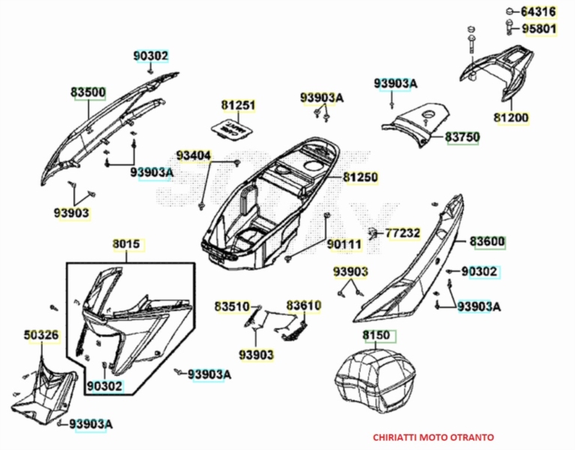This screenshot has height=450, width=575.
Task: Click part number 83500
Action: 89,93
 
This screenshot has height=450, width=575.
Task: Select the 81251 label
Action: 238,106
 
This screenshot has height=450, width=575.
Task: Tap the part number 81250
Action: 360,178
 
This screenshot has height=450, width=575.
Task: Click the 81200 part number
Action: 510,118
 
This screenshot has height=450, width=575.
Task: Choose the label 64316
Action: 538,11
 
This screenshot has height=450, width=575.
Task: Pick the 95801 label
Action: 538,28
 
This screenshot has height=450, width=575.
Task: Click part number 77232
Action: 403,233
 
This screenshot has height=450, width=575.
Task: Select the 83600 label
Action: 488,242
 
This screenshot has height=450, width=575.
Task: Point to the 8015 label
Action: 126,244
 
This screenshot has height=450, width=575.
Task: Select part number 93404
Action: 194,155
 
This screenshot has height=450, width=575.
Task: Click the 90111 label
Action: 344,244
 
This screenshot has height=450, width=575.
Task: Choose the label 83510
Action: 231,306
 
